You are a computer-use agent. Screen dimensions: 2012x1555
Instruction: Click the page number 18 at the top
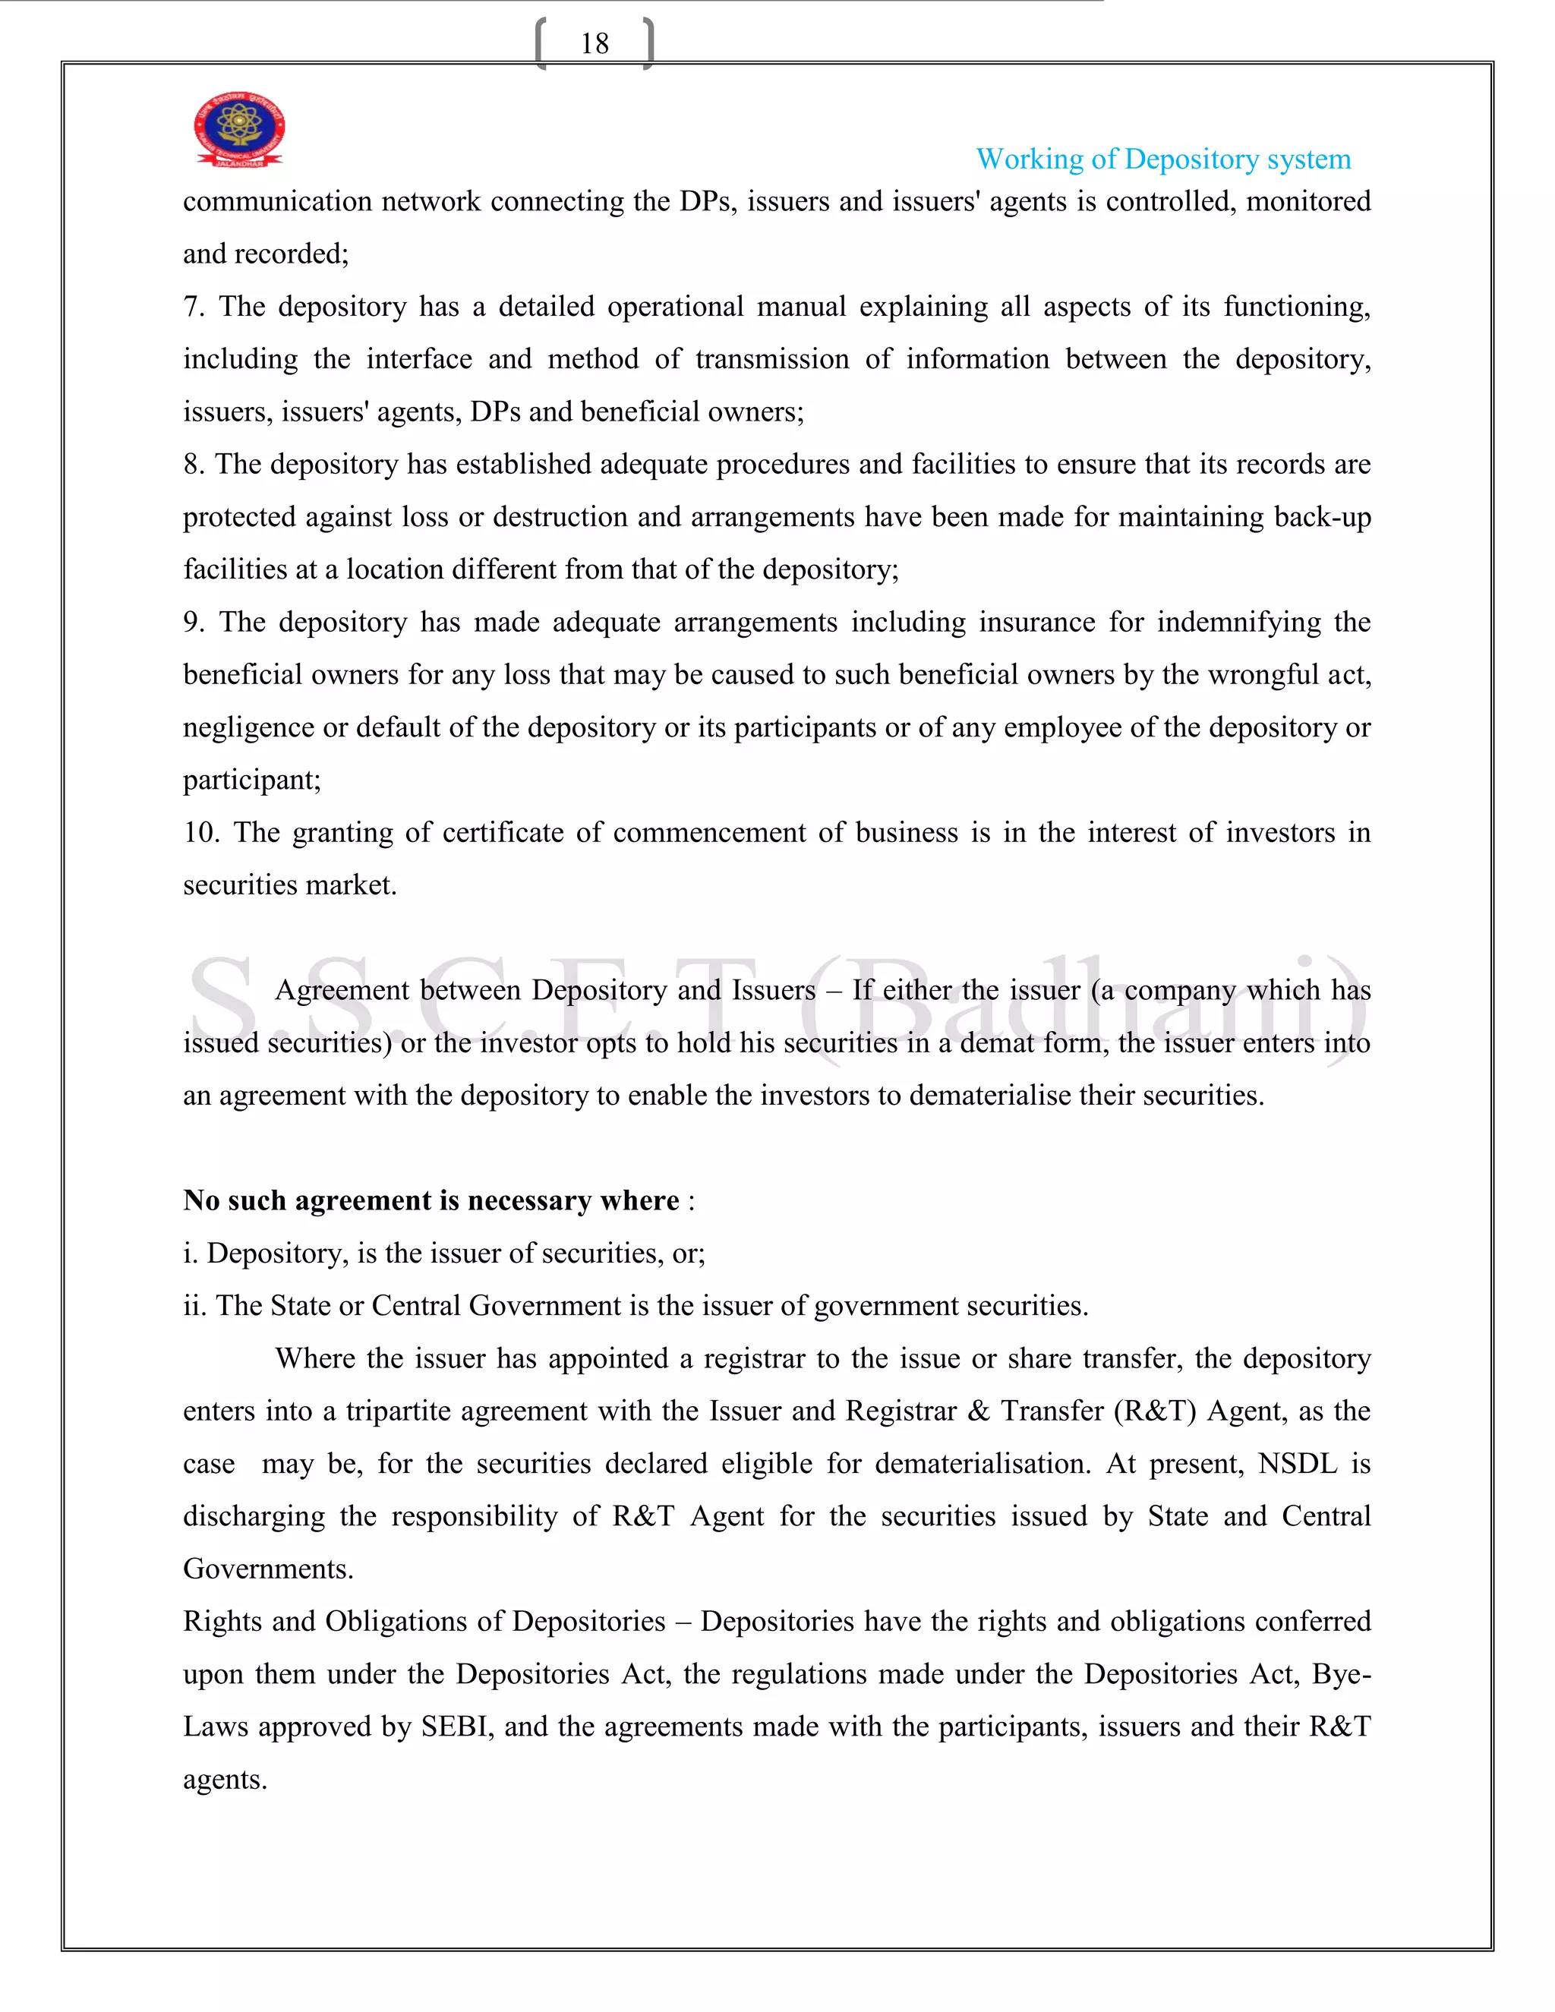595,43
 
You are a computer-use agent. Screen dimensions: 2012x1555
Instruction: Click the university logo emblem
238,129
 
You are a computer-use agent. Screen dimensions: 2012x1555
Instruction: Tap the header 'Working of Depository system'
1162,159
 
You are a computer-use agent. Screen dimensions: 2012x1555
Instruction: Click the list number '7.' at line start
194,307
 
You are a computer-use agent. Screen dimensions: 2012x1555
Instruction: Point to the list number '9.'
194,623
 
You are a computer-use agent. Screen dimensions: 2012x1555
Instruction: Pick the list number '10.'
200,833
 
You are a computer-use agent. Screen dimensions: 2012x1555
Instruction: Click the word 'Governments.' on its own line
268,1569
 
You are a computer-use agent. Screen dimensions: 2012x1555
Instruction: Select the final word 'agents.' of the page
225,1780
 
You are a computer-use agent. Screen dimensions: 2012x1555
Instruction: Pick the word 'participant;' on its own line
251,781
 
